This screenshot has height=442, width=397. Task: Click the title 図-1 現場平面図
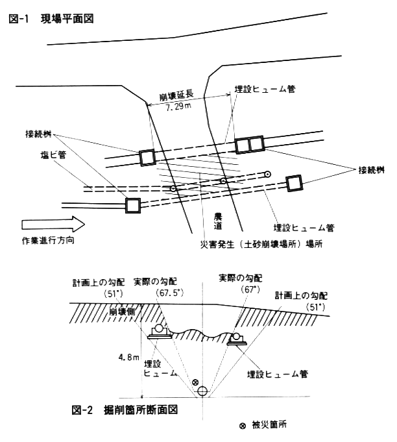coord(51,19)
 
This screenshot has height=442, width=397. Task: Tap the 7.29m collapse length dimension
coord(178,107)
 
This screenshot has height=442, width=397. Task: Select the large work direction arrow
coord(53,225)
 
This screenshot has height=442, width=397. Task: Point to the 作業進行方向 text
coord(48,240)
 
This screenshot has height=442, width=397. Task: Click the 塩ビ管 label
coord(53,154)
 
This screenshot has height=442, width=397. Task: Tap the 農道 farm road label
coord(218,221)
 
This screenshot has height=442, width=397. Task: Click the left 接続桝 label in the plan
coord(39,134)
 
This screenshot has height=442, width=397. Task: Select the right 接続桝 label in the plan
coord(371,170)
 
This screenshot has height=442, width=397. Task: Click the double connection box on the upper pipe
coord(250,145)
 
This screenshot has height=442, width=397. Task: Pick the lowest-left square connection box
coord(133,205)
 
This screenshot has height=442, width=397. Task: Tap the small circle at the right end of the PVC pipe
coord(267,175)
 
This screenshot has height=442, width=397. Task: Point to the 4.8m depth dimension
coord(128,358)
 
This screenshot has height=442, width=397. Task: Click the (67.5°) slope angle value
coord(169,293)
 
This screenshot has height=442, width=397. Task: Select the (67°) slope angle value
coord(250,289)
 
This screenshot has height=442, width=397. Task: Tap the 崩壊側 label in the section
coord(122,312)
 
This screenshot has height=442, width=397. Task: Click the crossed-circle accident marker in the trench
coord(195,382)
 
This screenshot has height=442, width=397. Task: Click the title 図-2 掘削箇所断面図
coord(125,410)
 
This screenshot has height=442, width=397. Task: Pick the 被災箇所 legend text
coord(269,425)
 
